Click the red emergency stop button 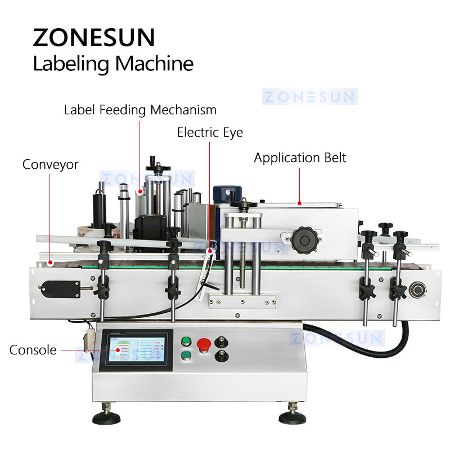(x=204, y=343)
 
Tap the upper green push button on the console (x=185, y=341)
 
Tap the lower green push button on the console (x=185, y=355)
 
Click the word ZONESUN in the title (x=93, y=37)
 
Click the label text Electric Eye (x=210, y=132)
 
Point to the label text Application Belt (x=300, y=157)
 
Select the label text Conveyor (x=50, y=164)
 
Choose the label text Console (x=33, y=350)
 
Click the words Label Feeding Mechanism (x=139, y=109)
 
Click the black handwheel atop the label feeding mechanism (x=154, y=166)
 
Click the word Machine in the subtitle (x=154, y=63)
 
